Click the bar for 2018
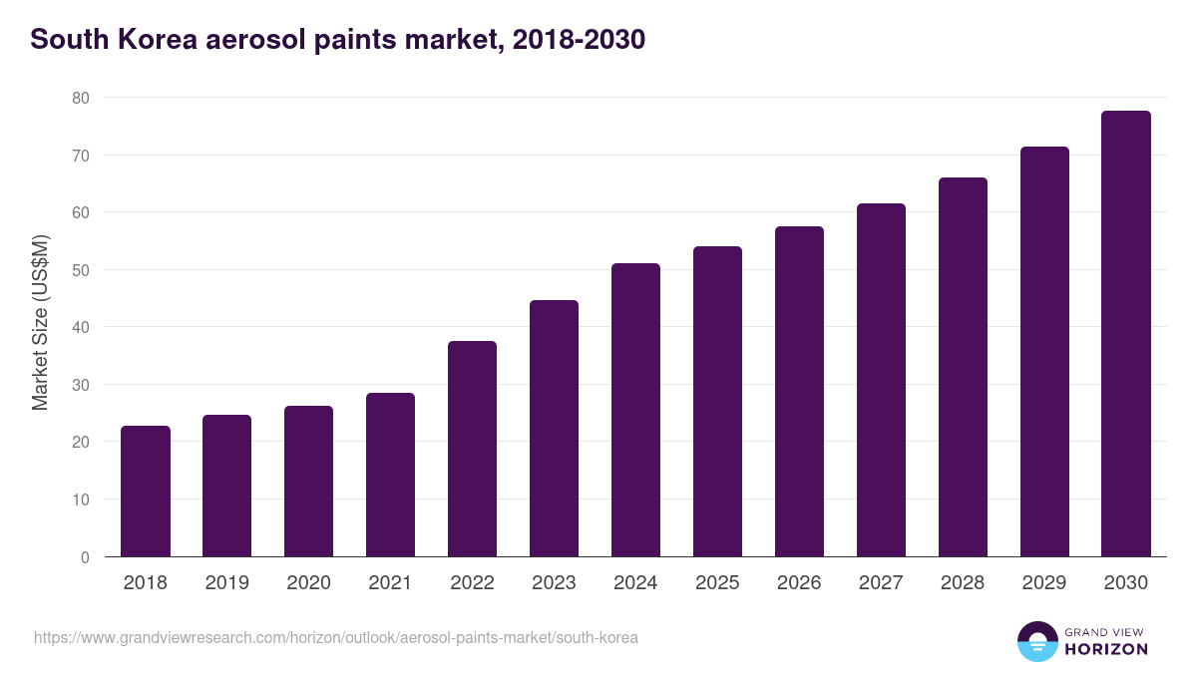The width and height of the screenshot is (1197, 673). (x=146, y=492)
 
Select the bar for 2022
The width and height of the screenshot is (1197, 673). (x=473, y=449)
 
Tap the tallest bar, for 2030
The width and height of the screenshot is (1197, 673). (x=1126, y=334)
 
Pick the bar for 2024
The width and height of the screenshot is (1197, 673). (x=636, y=410)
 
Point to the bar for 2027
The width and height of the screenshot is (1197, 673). (x=881, y=380)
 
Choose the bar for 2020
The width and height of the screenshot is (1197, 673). (x=309, y=482)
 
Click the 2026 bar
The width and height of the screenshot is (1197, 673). (x=799, y=392)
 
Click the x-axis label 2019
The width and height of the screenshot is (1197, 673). (x=227, y=583)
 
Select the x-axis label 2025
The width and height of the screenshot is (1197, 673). (x=717, y=583)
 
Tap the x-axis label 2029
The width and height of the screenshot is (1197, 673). (x=1044, y=583)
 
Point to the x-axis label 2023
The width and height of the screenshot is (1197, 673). (x=554, y=583)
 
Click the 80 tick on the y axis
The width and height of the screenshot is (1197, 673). (x=80, y=98)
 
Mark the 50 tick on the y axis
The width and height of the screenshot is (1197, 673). (x=80, y=270)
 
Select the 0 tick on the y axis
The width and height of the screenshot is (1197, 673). (x=85, y=557)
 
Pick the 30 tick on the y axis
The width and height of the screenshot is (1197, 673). (x=80, y=385)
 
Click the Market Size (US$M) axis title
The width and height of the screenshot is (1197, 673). (x=40, y=323)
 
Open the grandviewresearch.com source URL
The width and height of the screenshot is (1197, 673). (x=336, y=637)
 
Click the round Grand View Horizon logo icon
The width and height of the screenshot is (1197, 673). (x=1036, y=641)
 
